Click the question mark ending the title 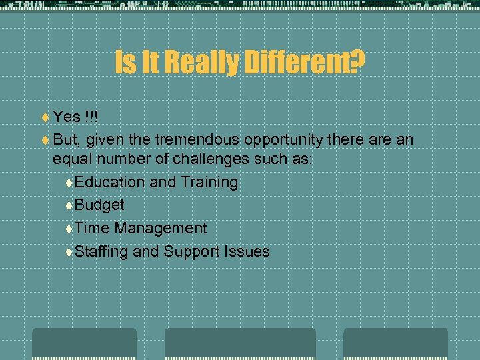tap(357, 63)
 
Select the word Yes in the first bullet tap(67, 117)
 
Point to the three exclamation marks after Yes tap(92, 117)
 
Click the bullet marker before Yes tap(45, 118)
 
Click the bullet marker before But tap(45, 140)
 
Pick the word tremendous tap(197, 139)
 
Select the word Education tap(109, 182)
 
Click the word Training tap(208, 182)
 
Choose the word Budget tap(99, 205)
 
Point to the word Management tap(161, 228)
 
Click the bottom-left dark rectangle tap(84, 343)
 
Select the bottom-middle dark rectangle tap(240, 343)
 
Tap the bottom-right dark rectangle tap(395, 343)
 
